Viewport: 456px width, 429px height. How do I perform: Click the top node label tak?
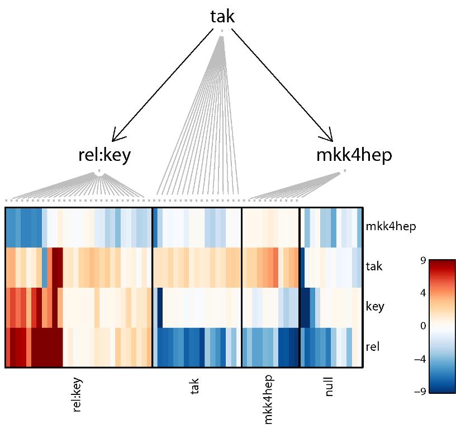click(x=222, y=17)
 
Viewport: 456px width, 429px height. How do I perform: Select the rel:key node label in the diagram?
click(x=104, y=155)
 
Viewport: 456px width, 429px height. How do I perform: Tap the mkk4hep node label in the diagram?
click(x=354, y=155)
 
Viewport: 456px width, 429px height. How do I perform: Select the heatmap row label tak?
click(x=374, y=266)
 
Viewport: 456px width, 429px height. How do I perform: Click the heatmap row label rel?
click(x=372, y=347)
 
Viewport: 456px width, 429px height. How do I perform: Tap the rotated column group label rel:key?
click(x=78, y=394)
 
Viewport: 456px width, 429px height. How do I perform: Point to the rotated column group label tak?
click(x=195, y=385)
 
